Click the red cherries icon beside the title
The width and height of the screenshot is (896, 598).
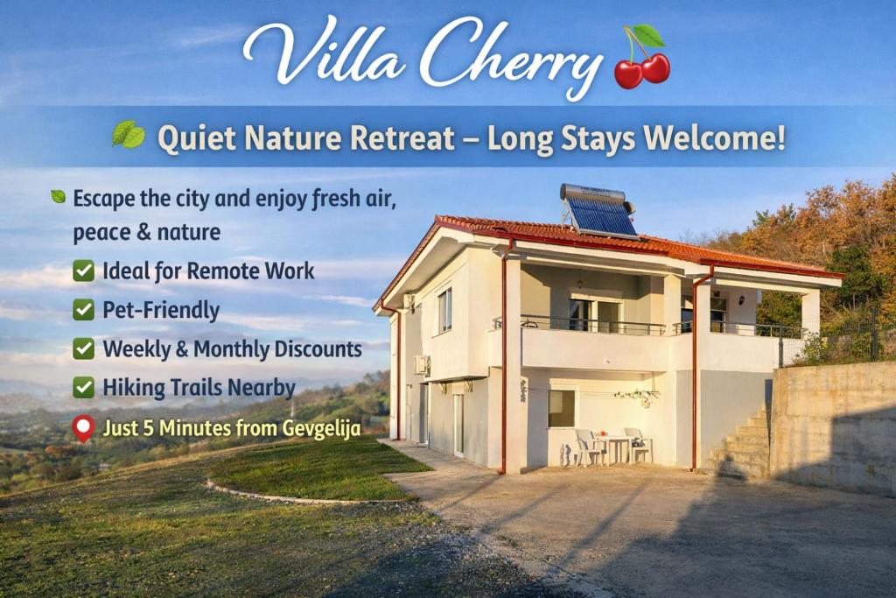(642, 60)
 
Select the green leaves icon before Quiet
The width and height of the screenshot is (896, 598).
(128, 135)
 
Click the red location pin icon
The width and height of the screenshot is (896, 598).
(83, 428)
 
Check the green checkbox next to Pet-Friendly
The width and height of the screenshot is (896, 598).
(84, 310)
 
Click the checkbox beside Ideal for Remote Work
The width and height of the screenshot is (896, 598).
(84, 271)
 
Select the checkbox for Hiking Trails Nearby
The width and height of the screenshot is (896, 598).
(84, 387)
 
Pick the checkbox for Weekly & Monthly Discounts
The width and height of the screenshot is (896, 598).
(84, 348)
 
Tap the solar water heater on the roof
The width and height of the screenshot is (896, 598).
(598, 210)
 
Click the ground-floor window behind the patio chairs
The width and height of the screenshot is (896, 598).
(561, 408)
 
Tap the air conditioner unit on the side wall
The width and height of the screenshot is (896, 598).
(422, 364)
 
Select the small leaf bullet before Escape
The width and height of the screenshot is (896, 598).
(58, 197)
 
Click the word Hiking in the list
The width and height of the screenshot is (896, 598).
(134, 387)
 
